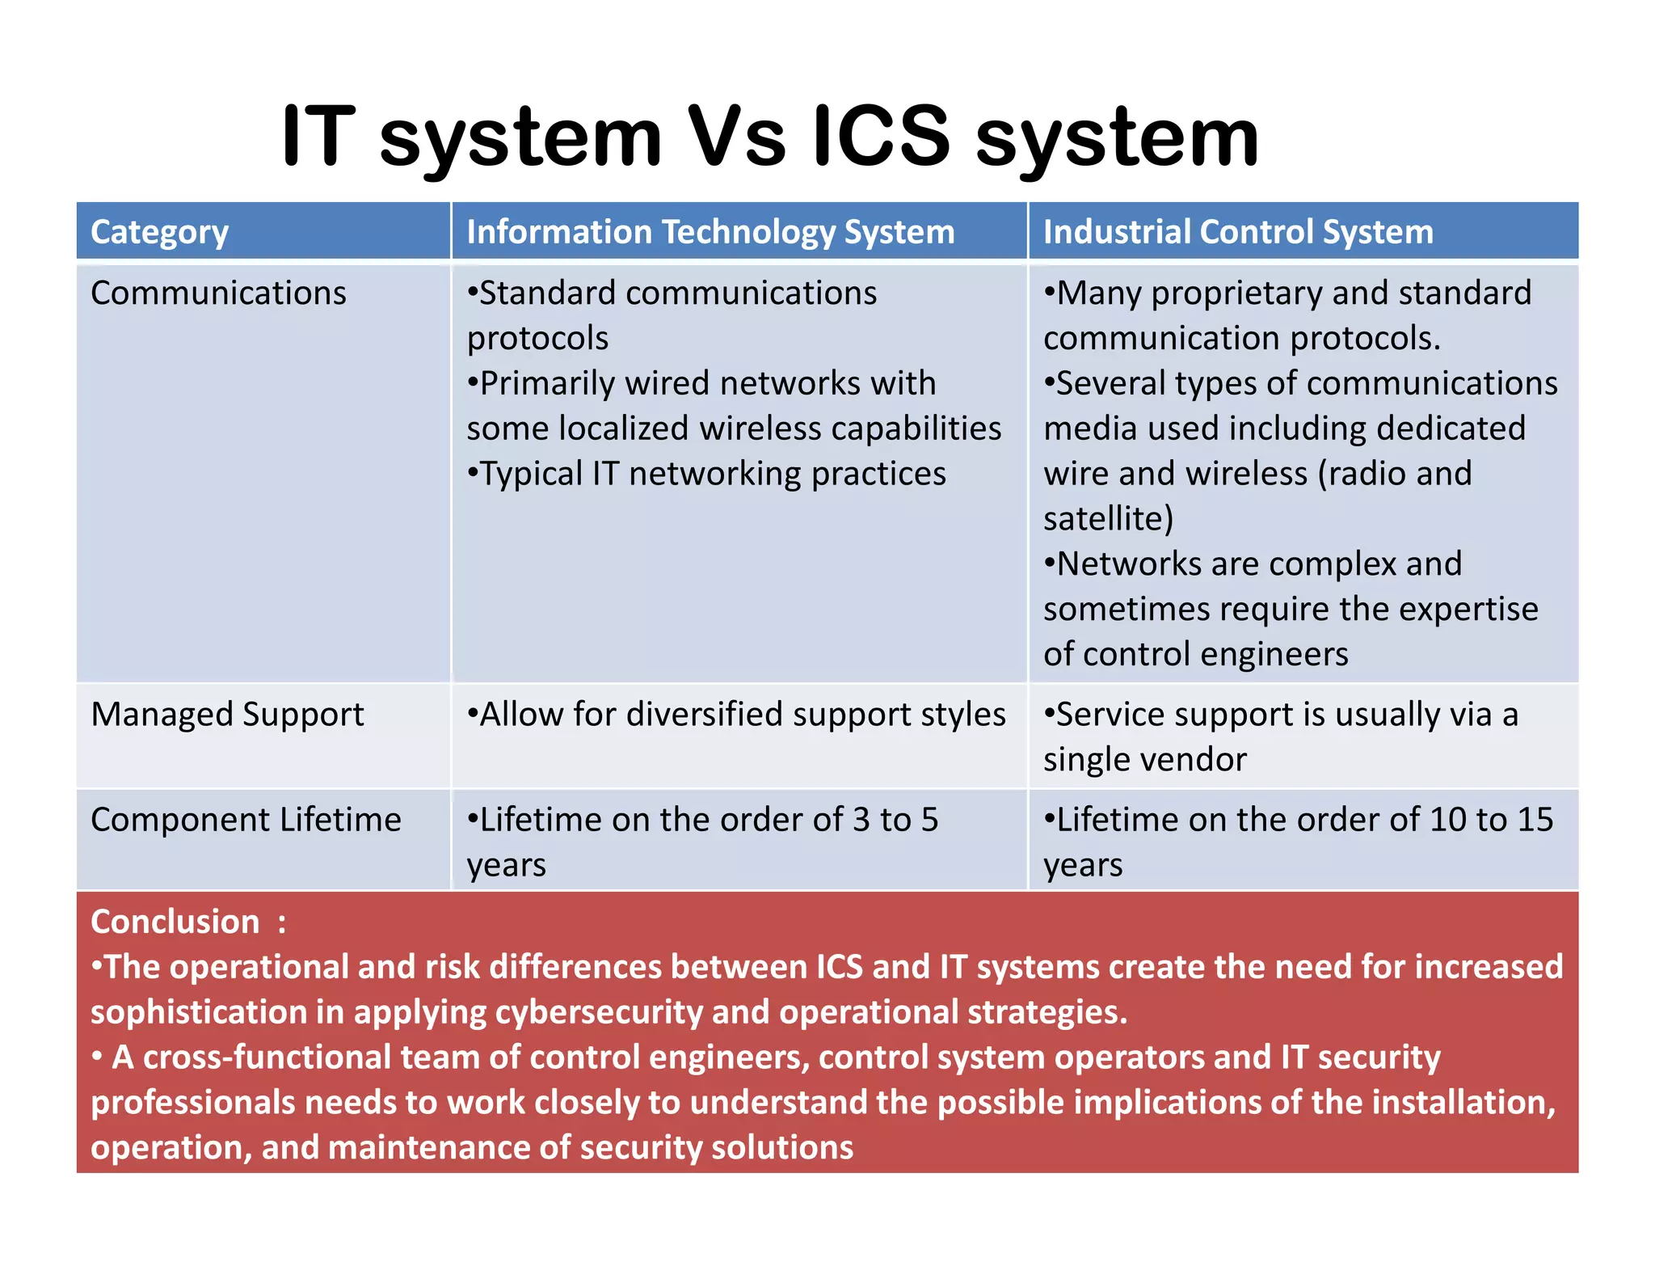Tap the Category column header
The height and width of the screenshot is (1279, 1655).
(159, 232)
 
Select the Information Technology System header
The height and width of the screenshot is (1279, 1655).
(710, 232)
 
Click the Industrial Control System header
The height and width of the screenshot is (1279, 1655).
(1238, 232)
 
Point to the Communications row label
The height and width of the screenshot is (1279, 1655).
(218, 293)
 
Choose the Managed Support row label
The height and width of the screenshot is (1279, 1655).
(227, 715)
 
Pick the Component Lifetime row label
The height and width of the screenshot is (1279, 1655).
(246, 820)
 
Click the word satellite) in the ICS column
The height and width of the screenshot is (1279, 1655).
(1108, 518)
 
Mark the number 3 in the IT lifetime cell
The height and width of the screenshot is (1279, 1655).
(861, 820)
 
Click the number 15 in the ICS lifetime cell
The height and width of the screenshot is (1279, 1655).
(1534, 820)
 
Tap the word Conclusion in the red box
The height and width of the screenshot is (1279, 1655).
(175, 922)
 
